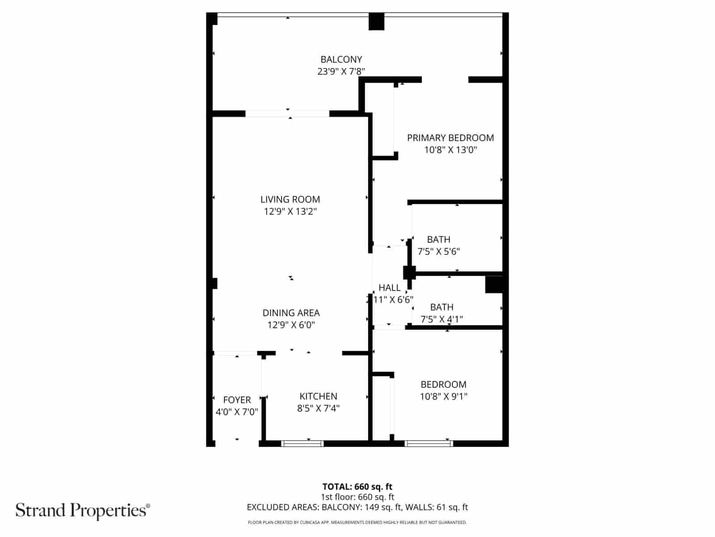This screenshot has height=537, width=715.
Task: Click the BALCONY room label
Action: [x=341, y=59]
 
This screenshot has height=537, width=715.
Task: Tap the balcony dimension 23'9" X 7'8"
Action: [x=341, y=71]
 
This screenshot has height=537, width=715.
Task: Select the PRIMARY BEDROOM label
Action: [x=450, y=138]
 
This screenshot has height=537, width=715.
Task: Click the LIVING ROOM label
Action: [x=290, y=199]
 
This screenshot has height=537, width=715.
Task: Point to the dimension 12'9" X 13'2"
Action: [x=290, y=211]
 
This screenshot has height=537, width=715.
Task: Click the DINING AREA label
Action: [x=291, y=313]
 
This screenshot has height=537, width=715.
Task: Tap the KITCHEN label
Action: [x=318, y=396]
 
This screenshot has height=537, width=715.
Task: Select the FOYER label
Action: [x=237, y=400]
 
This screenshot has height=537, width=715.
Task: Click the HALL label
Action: [x=389, y=288]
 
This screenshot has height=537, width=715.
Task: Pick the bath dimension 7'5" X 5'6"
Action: [x=438, y=251]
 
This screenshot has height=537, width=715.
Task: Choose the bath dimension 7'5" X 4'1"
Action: [x=442, y=319]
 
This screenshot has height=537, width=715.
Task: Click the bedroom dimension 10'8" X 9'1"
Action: [x=443, y=396]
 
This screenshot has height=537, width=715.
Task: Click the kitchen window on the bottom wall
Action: [x=303, y=443]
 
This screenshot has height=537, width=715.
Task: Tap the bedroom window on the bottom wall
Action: [x=429, y=443]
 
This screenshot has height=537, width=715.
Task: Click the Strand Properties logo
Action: [x=83, y=510]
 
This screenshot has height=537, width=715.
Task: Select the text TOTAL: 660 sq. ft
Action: [x=357, y=486]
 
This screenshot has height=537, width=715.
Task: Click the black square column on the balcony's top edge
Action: [x=376, y=21]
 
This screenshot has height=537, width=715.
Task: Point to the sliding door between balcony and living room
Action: [x=287, y=114]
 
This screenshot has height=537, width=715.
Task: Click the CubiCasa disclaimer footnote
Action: [x=357, y=522]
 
